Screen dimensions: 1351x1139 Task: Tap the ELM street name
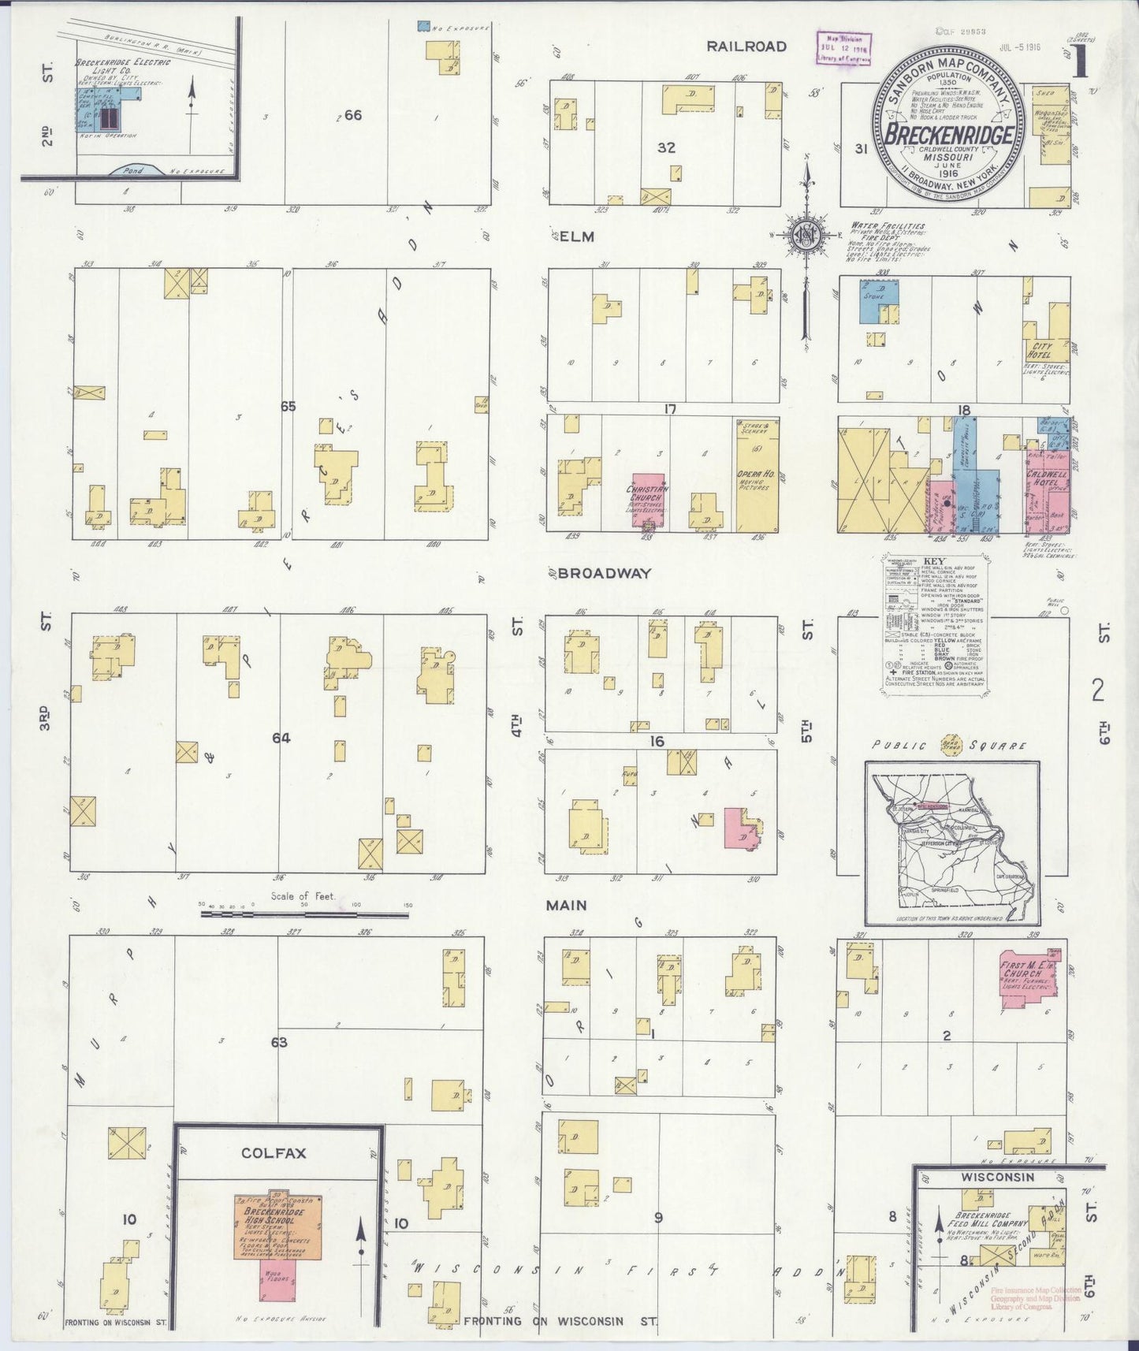[577, 236]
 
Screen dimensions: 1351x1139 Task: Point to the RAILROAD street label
[746, 47]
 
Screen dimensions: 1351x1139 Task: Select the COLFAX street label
[274, 1152]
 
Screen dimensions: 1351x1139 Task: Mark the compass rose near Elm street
[806, 236]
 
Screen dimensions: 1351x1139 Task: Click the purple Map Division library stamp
[843, 47]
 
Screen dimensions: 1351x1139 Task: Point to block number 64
[281, 738]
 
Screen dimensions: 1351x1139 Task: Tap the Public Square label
[949, 745]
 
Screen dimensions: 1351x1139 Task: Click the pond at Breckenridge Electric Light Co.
[134, 169]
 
